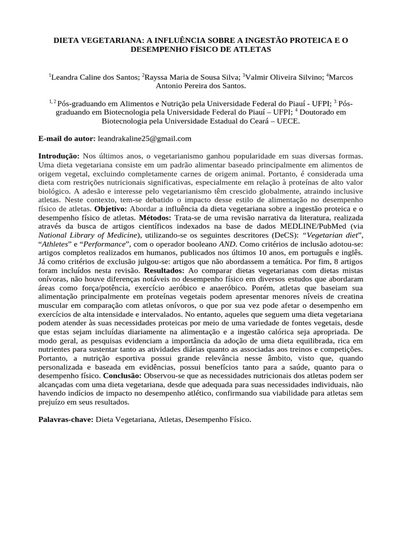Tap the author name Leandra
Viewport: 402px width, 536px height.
[65, 77]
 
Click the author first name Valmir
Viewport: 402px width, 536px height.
[259, 77]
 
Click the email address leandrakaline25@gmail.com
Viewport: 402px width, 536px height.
[144, 139]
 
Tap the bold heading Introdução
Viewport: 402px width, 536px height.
[59, 157]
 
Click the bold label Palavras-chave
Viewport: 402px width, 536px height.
[66, 419]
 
